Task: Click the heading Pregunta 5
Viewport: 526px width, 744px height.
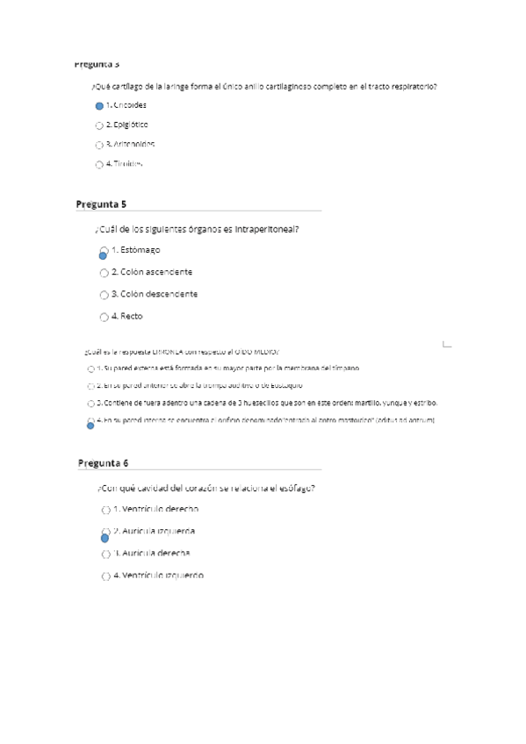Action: click(101, 204)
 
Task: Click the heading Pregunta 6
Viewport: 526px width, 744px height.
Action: click(103, 462)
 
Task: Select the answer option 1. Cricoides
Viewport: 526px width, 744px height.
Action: click(126, 105)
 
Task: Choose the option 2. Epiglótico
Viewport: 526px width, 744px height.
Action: click(127, 125)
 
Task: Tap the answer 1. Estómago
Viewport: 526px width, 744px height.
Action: click(135, 250)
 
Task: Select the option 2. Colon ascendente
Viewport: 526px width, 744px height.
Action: click(152, 272)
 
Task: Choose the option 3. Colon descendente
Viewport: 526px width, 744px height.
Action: click(155, 294)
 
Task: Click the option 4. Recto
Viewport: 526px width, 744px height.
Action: click(127, 316)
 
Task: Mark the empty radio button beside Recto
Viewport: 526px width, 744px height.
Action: click(104, 317)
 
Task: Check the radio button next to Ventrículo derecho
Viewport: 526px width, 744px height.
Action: click(105, 510)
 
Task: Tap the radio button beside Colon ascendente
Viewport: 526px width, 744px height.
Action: click(104, 273)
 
